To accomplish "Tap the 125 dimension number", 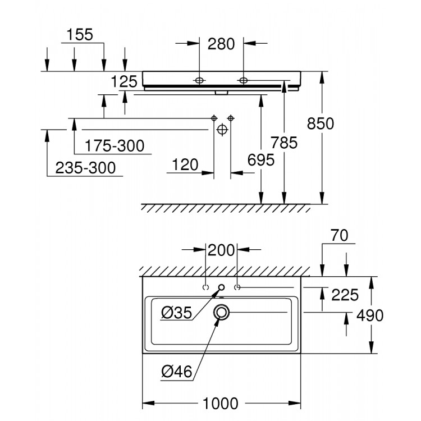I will click(124, 82).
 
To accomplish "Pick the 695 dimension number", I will click(260, 161).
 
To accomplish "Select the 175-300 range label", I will click(114, 146).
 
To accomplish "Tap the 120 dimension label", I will click(185, 164).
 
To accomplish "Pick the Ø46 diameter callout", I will click(176, 371).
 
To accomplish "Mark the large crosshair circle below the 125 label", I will click(222, 129).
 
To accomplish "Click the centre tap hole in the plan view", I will click(221, 288).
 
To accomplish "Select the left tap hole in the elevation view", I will click(199, 80).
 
